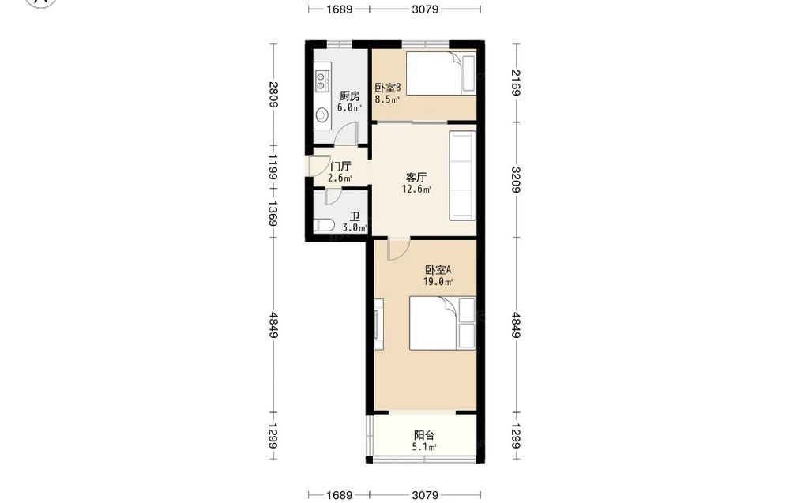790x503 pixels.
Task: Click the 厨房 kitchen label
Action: [x=349, y=96]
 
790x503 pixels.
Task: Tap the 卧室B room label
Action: [x=387, y=88]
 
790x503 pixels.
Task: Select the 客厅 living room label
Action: [x=416, y=178]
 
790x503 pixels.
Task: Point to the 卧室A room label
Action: [x=438, y=270]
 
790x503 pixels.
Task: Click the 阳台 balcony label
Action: [x=424, y=436]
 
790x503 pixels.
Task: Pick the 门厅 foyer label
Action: [x=340, y=167]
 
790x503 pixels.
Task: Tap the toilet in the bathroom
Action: [x=323, y=225]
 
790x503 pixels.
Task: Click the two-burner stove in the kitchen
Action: [x=322, y=81]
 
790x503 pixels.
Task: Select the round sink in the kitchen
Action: [x=322, y=116]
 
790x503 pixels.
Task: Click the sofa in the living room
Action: [x=462, y=176]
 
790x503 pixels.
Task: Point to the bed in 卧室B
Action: [x=441, y=73]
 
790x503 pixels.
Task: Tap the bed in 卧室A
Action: [x=442, y=323]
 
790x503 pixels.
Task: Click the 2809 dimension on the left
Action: [x=273, y=95]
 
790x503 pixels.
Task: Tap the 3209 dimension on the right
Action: [x=516, y=180]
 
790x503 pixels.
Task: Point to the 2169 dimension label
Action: [x=516, y=83]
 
